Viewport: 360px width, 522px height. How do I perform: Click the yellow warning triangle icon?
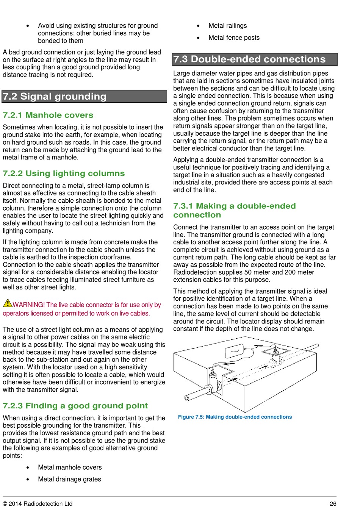pos(8,303)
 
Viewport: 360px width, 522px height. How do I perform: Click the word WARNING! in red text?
pos(28,305)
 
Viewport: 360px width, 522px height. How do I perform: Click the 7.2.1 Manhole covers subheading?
pos(48,115)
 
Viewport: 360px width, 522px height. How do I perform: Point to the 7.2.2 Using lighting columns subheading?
pos(64,173)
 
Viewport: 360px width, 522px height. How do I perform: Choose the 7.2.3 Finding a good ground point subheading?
pos(75,406)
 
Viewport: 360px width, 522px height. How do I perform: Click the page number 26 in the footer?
pos(333,504)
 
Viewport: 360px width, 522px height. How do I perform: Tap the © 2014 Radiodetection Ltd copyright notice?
pos(38,504)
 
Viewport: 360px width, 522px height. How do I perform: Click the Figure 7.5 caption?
pos(235,417)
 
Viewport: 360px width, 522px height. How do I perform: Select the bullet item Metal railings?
pos(228,26)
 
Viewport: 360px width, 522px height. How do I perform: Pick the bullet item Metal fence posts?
pos(234,38)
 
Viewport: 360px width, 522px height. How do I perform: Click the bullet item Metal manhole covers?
pos(70,467)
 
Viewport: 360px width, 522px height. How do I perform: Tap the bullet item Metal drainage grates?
pos(69,479)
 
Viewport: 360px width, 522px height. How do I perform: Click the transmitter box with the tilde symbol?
pos(234,351)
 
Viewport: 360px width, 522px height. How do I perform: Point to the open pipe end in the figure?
pos(187,398)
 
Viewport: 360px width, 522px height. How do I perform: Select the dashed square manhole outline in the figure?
pos(275,350)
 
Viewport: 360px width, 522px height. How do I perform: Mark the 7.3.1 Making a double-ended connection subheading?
pos(234,210)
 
